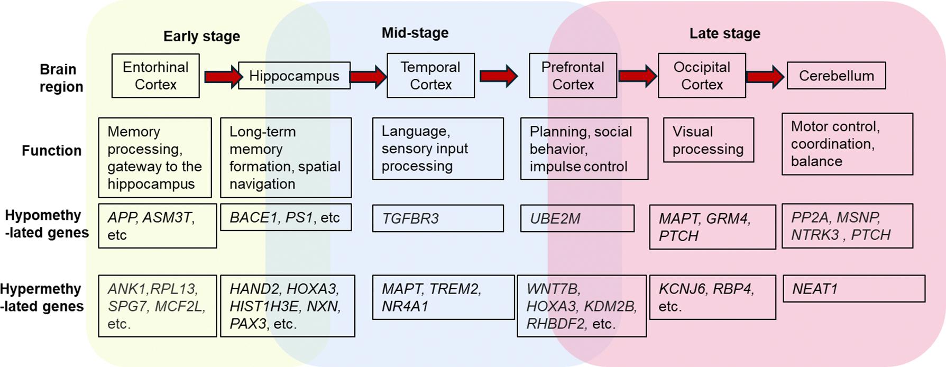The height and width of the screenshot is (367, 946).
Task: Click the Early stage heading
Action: (x=201, y=36)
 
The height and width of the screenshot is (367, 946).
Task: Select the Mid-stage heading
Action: (x=415, y=33)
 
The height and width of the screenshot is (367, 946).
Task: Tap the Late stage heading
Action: (x=724, y=33)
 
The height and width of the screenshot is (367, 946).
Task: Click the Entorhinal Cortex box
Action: (x=155, y=76)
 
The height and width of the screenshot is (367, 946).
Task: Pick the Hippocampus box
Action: (x=294, y=76)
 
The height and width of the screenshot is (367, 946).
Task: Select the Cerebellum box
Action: (x=836, y=76)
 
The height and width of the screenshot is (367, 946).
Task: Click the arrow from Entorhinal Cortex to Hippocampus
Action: (x=222, y=77)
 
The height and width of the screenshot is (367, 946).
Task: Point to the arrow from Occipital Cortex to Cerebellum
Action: (x=765, y=77)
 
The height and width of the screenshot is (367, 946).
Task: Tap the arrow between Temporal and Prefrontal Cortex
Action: (x=498, y=76)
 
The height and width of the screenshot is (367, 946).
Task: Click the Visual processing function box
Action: (x=708, y=140)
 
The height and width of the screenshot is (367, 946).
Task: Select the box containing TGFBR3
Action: (x=438, y=218)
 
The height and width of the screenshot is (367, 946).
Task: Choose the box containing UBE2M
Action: (x=577, y=218)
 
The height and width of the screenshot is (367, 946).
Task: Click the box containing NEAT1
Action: (x=853, y=289)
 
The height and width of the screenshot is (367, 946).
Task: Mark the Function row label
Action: (x=51, y=151)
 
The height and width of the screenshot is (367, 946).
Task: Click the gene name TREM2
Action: (x=455, y=289)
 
